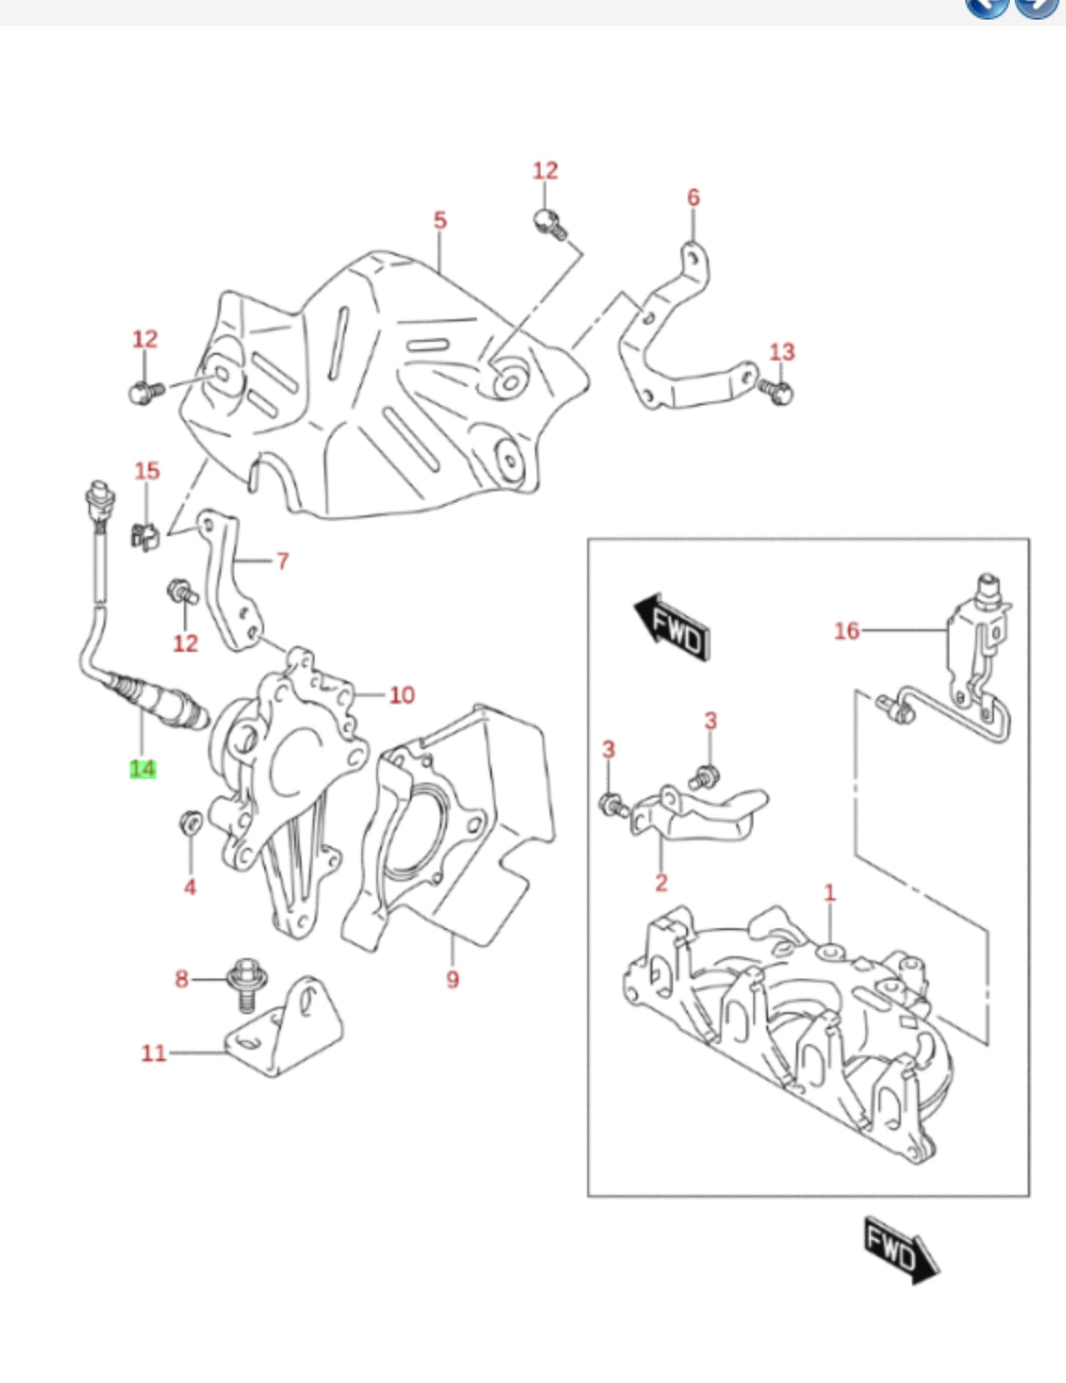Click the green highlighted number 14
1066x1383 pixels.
point(142,769)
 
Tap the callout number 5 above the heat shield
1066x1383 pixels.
point(440,220)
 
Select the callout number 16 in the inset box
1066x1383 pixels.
point(847,631)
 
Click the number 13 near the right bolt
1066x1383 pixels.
point(782,352)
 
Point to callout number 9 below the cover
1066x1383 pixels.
point(453,980)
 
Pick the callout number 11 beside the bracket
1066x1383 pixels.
point(154,1053)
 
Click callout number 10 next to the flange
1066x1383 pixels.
point(401,695)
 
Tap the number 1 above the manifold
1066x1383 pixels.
point(830,893)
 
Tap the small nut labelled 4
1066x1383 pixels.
point(189,823)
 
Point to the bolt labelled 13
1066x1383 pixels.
point(777,389)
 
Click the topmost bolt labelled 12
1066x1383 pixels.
point(548,222)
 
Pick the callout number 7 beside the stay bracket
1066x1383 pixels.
point(282,561)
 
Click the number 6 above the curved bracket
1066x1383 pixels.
point(694,197)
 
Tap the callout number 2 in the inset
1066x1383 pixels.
point(661,882)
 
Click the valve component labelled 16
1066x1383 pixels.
point(977,644)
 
